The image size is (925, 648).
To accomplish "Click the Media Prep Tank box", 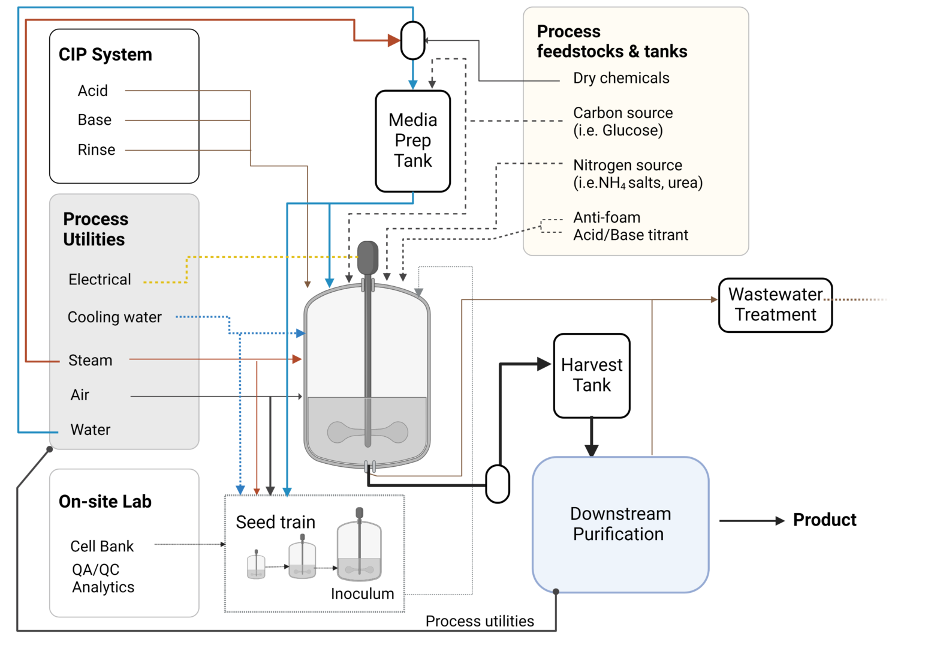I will pos(412,141).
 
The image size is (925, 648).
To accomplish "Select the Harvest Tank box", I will pos(591,376).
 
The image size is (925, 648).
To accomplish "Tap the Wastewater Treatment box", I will pos(775,305).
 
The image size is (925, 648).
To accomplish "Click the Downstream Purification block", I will pos(620,524).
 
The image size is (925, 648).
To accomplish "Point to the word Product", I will pos(824,520).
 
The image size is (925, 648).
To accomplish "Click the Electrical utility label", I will pos(100,280).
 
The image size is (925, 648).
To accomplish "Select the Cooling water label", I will pos(115,317).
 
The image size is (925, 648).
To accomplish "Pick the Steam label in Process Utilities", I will pos(91,360).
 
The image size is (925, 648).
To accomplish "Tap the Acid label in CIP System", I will pos(93,91).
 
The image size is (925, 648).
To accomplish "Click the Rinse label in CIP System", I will pos(97,150).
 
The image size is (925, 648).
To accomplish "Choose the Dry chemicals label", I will pos(621,78).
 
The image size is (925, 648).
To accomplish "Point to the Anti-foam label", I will pos(607,217).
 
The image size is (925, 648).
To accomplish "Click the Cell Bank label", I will pos(102,546).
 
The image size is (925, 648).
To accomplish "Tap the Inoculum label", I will pos(362,593).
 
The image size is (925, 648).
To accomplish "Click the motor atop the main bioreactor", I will pos(367,258).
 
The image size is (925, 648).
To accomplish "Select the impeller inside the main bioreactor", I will pos(367,432).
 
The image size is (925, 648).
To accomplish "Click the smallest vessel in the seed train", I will pos(256,566).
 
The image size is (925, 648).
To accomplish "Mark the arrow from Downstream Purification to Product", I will pos(752,521).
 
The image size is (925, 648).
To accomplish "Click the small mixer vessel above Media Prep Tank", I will pos(412,41).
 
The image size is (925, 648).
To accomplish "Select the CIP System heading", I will pos(106,55).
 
